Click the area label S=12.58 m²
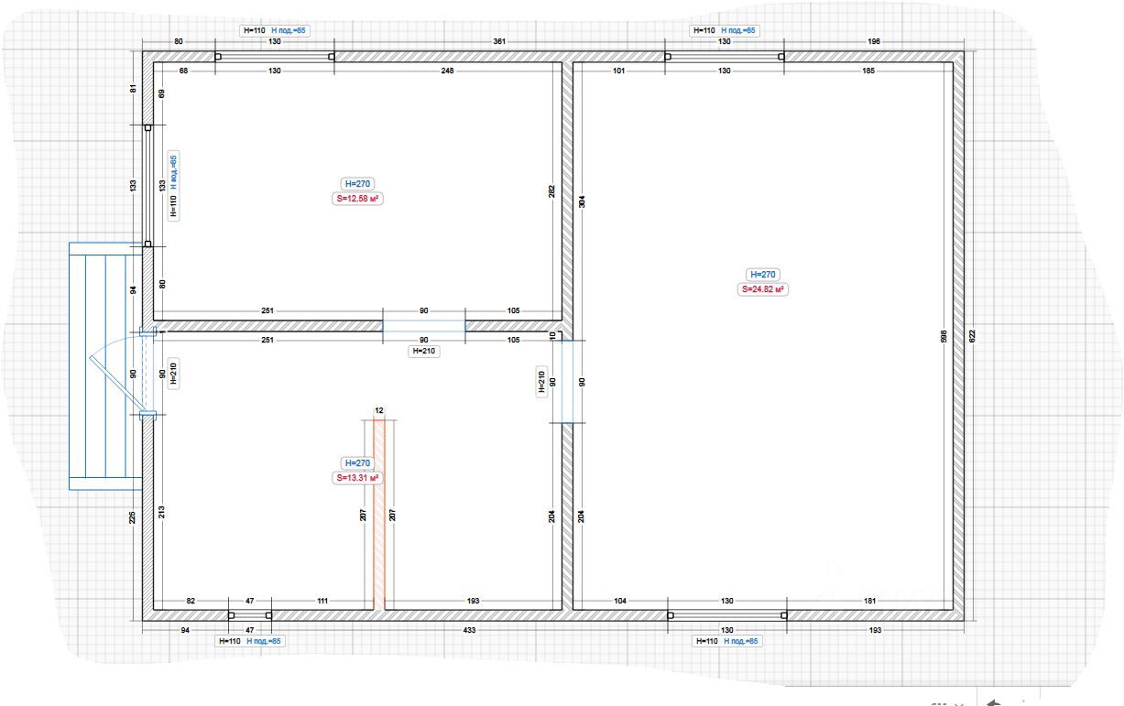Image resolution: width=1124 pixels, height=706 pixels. [357, 198]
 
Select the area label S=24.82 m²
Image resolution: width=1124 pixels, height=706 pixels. [764, 289]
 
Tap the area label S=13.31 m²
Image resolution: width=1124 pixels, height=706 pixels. [357, 478]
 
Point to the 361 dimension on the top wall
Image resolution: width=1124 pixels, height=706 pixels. [499, 42]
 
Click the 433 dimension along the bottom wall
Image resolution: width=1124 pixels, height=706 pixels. [469, 631]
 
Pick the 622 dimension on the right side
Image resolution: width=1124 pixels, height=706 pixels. [972, 336]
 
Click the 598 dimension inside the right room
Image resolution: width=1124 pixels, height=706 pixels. [944, 336]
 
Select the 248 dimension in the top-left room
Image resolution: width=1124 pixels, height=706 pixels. [447, 71]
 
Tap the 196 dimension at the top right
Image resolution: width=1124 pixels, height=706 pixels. [873, 42]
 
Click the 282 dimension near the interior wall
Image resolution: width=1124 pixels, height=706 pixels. [551, 190]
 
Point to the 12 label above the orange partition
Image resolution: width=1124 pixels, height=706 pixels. [379, 410]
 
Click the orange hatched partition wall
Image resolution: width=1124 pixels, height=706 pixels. [379, 513]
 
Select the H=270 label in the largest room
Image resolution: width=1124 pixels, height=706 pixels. [763, 275]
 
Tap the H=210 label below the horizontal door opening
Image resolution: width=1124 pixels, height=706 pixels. [424, 351]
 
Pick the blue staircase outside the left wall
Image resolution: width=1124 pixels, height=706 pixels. [104, 366]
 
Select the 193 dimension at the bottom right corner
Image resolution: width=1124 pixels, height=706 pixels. [875, 631]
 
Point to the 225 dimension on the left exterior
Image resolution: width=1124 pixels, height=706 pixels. [134, 518]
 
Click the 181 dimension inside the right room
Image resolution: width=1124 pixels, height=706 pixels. [869, 601]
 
